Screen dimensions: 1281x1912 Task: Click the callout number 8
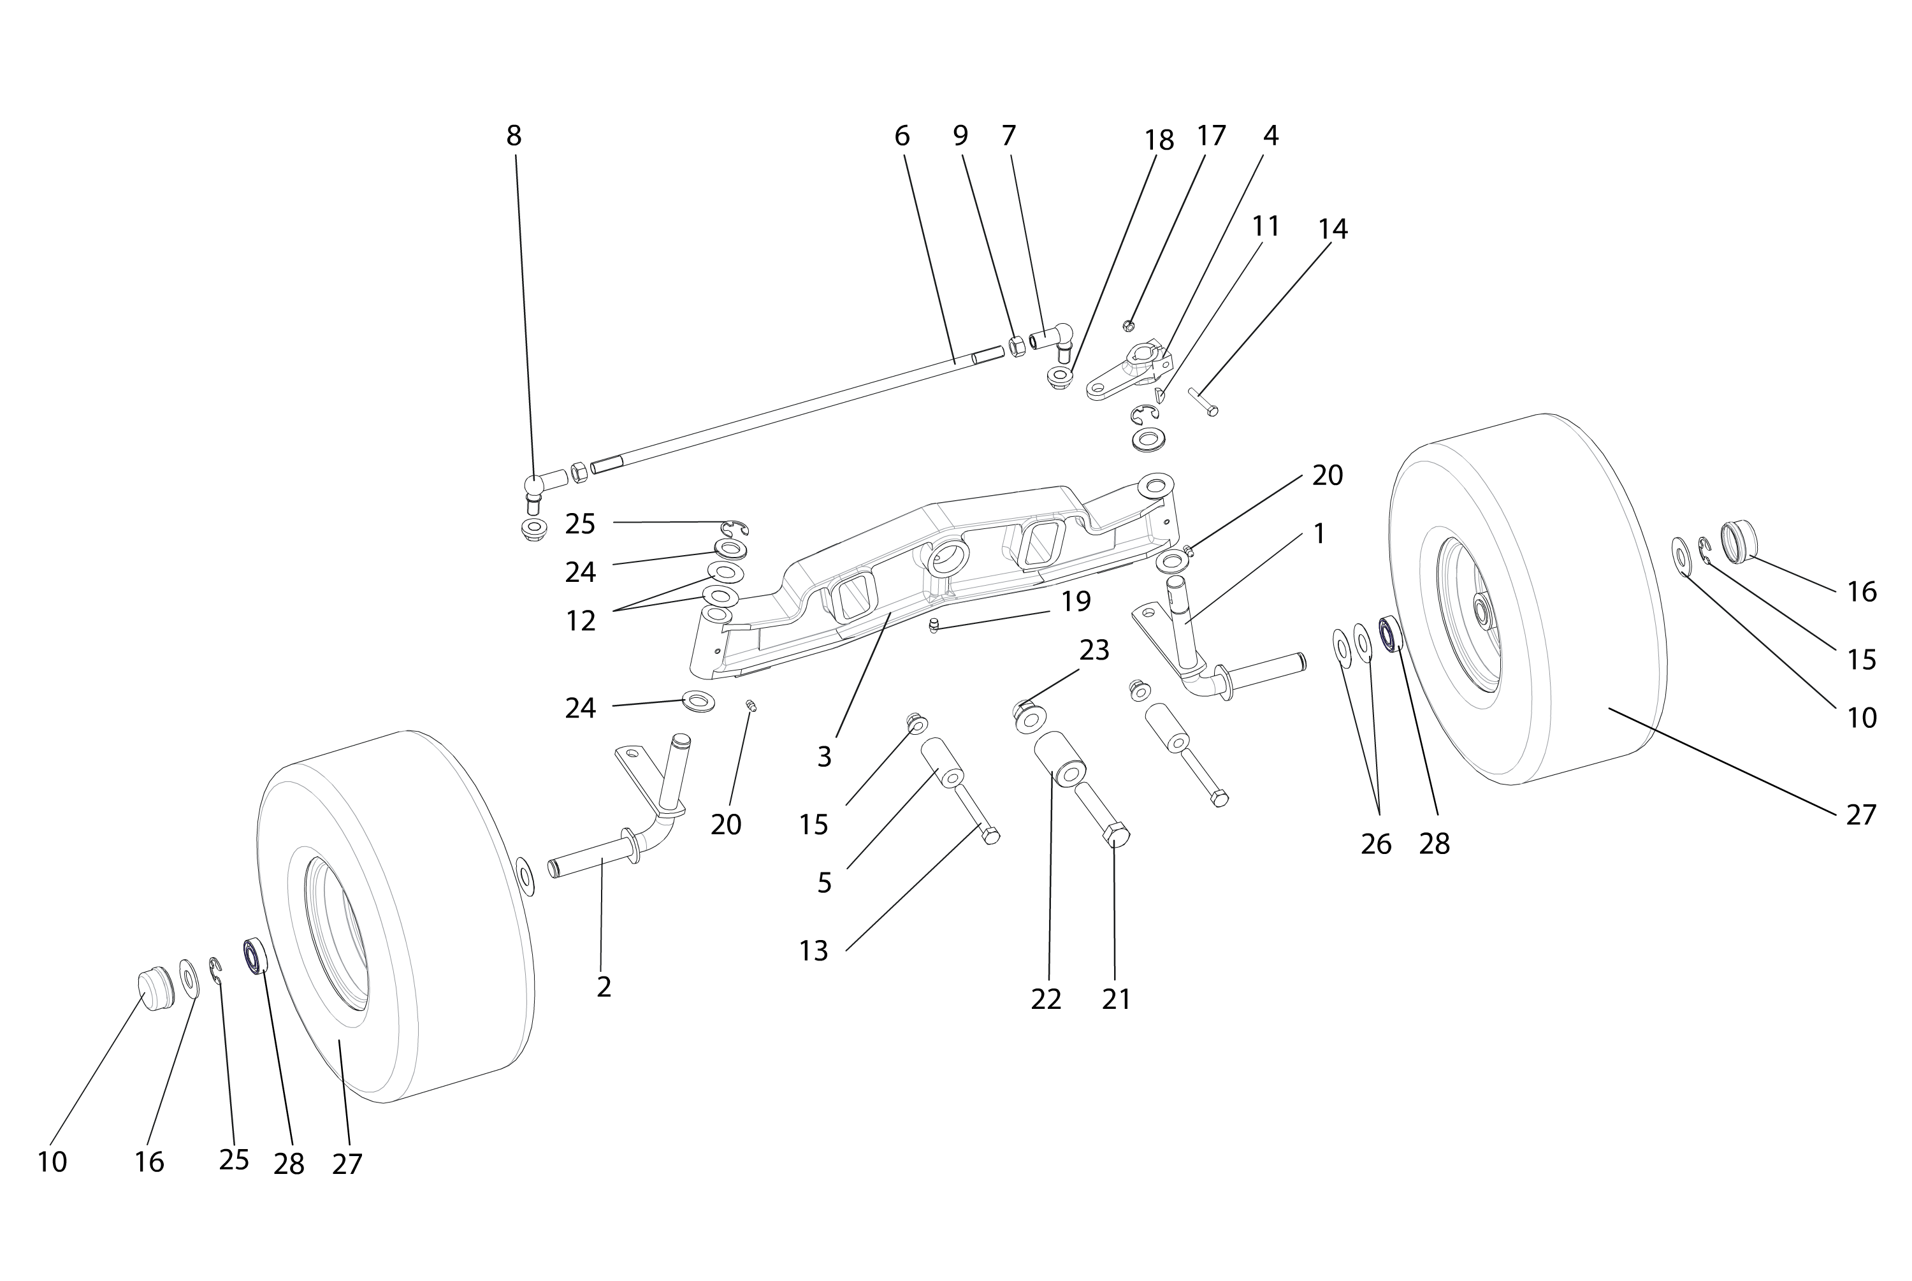click(513, 136)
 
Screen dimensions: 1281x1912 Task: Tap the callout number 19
click(1076, 601)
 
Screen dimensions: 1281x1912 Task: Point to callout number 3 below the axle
click(824, 757)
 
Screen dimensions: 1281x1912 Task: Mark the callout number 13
click(813, 951)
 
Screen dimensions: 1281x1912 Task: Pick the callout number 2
click(604, 987)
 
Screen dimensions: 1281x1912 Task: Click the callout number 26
click(1375, 844)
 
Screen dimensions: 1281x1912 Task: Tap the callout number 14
click(1333, 229)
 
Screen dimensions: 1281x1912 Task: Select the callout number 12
click(581, 621)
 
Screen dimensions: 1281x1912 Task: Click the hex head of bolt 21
click(1117, 836)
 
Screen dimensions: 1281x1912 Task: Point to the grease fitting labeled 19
click(934, 626)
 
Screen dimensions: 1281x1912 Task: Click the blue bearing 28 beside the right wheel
click(1389, 634)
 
